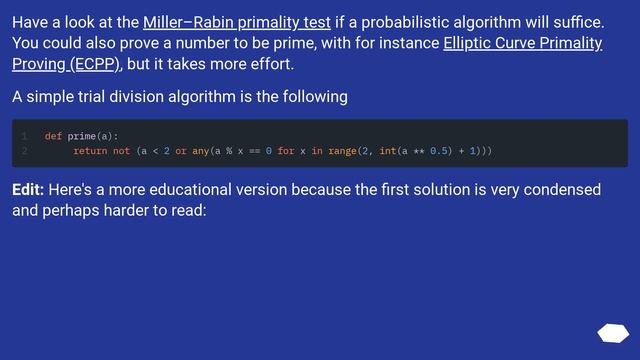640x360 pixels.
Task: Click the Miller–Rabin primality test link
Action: click(x=236, y=22)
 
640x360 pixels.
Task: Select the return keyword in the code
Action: click(x=90, y=151)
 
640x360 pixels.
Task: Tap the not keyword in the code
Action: click(x=121, y=151)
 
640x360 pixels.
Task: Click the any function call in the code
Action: click(x=200, y=151)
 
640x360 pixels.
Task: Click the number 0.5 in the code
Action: click(x=440, y=151)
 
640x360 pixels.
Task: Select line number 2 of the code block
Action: click(x=23, y=151)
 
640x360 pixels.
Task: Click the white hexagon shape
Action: click(x=612, y=333)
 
